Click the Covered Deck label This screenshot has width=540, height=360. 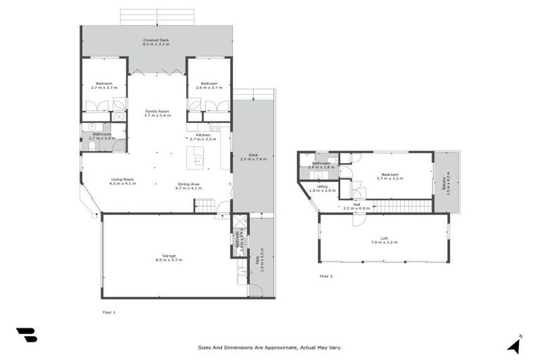(x=157, y=41)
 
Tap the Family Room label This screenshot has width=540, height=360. (x=157, y=111)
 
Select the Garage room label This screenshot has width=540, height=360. (x=169, y=255)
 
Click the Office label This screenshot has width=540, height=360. (x=323, y=186)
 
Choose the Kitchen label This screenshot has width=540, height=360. (x=203, y=135)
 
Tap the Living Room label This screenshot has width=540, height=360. (x=123, y=180)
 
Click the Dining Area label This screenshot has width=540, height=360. (x=189, y=184)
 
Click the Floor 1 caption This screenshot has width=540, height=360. (x=109, y=311)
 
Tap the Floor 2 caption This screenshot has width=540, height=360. (x=326, y=276)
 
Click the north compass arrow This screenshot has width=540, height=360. (x=514, y=345)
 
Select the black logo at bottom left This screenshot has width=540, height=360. (x=27, y=335)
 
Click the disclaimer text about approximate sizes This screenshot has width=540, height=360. (x=270, y=347)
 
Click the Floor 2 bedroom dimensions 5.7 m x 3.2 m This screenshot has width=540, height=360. (x=390, y=178)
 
